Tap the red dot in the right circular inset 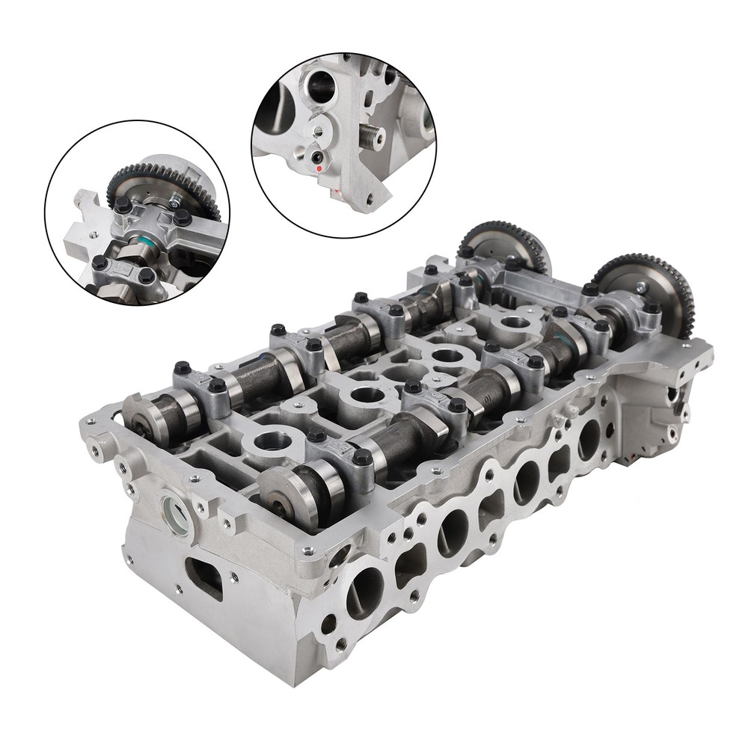[x=321, y=169]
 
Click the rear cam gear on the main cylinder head [x=503, y=247]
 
